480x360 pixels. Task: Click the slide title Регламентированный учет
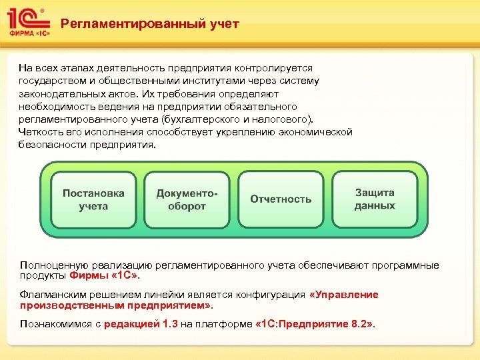point(149,25)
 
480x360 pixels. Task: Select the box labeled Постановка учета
point(93,199)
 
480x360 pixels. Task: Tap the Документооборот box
point(187,199)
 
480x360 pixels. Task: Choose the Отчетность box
point(281,199)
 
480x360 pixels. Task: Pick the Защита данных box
point(375,199)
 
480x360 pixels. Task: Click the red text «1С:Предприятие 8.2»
point(315,324)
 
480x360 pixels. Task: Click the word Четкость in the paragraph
point(39,132)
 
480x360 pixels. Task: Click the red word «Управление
point(344,295)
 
